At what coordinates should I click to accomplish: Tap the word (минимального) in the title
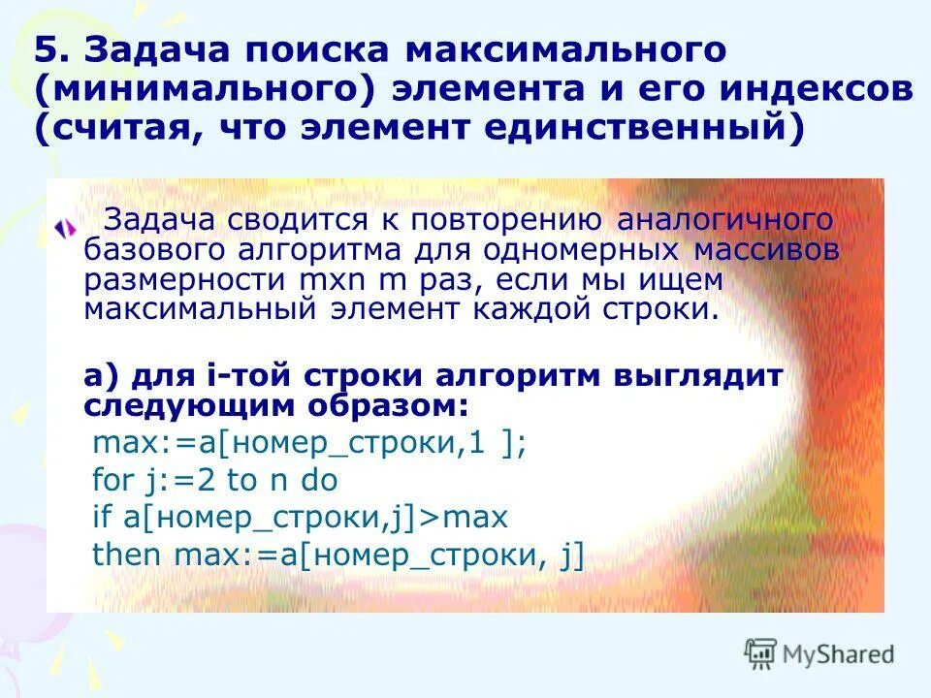pyautogui.click(x=206, y=90)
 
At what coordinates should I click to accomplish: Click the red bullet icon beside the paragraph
pyautogui.click(x=64, y=229)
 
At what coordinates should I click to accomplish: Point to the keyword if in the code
pyautogui.click(x=102, y=518)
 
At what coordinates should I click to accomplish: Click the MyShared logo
pyautogui.click(x=819, y=654)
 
